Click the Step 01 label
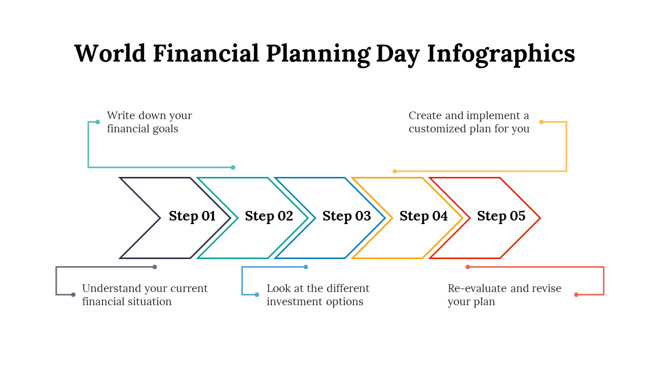[192, 216]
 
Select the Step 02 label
[269, 216]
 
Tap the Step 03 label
[346, 216]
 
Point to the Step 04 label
[423, 216]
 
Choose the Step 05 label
[501, 216]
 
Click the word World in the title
[110, 53]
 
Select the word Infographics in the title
[501, 55]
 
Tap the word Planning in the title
[318, 55]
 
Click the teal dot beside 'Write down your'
[98, 122]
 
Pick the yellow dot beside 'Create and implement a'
[541, 122]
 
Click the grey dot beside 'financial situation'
[74, 295]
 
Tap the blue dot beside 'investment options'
[257, 295]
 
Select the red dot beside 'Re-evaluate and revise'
[576, 295]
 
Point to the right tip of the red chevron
[540, 218]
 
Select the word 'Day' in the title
[398, 55]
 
